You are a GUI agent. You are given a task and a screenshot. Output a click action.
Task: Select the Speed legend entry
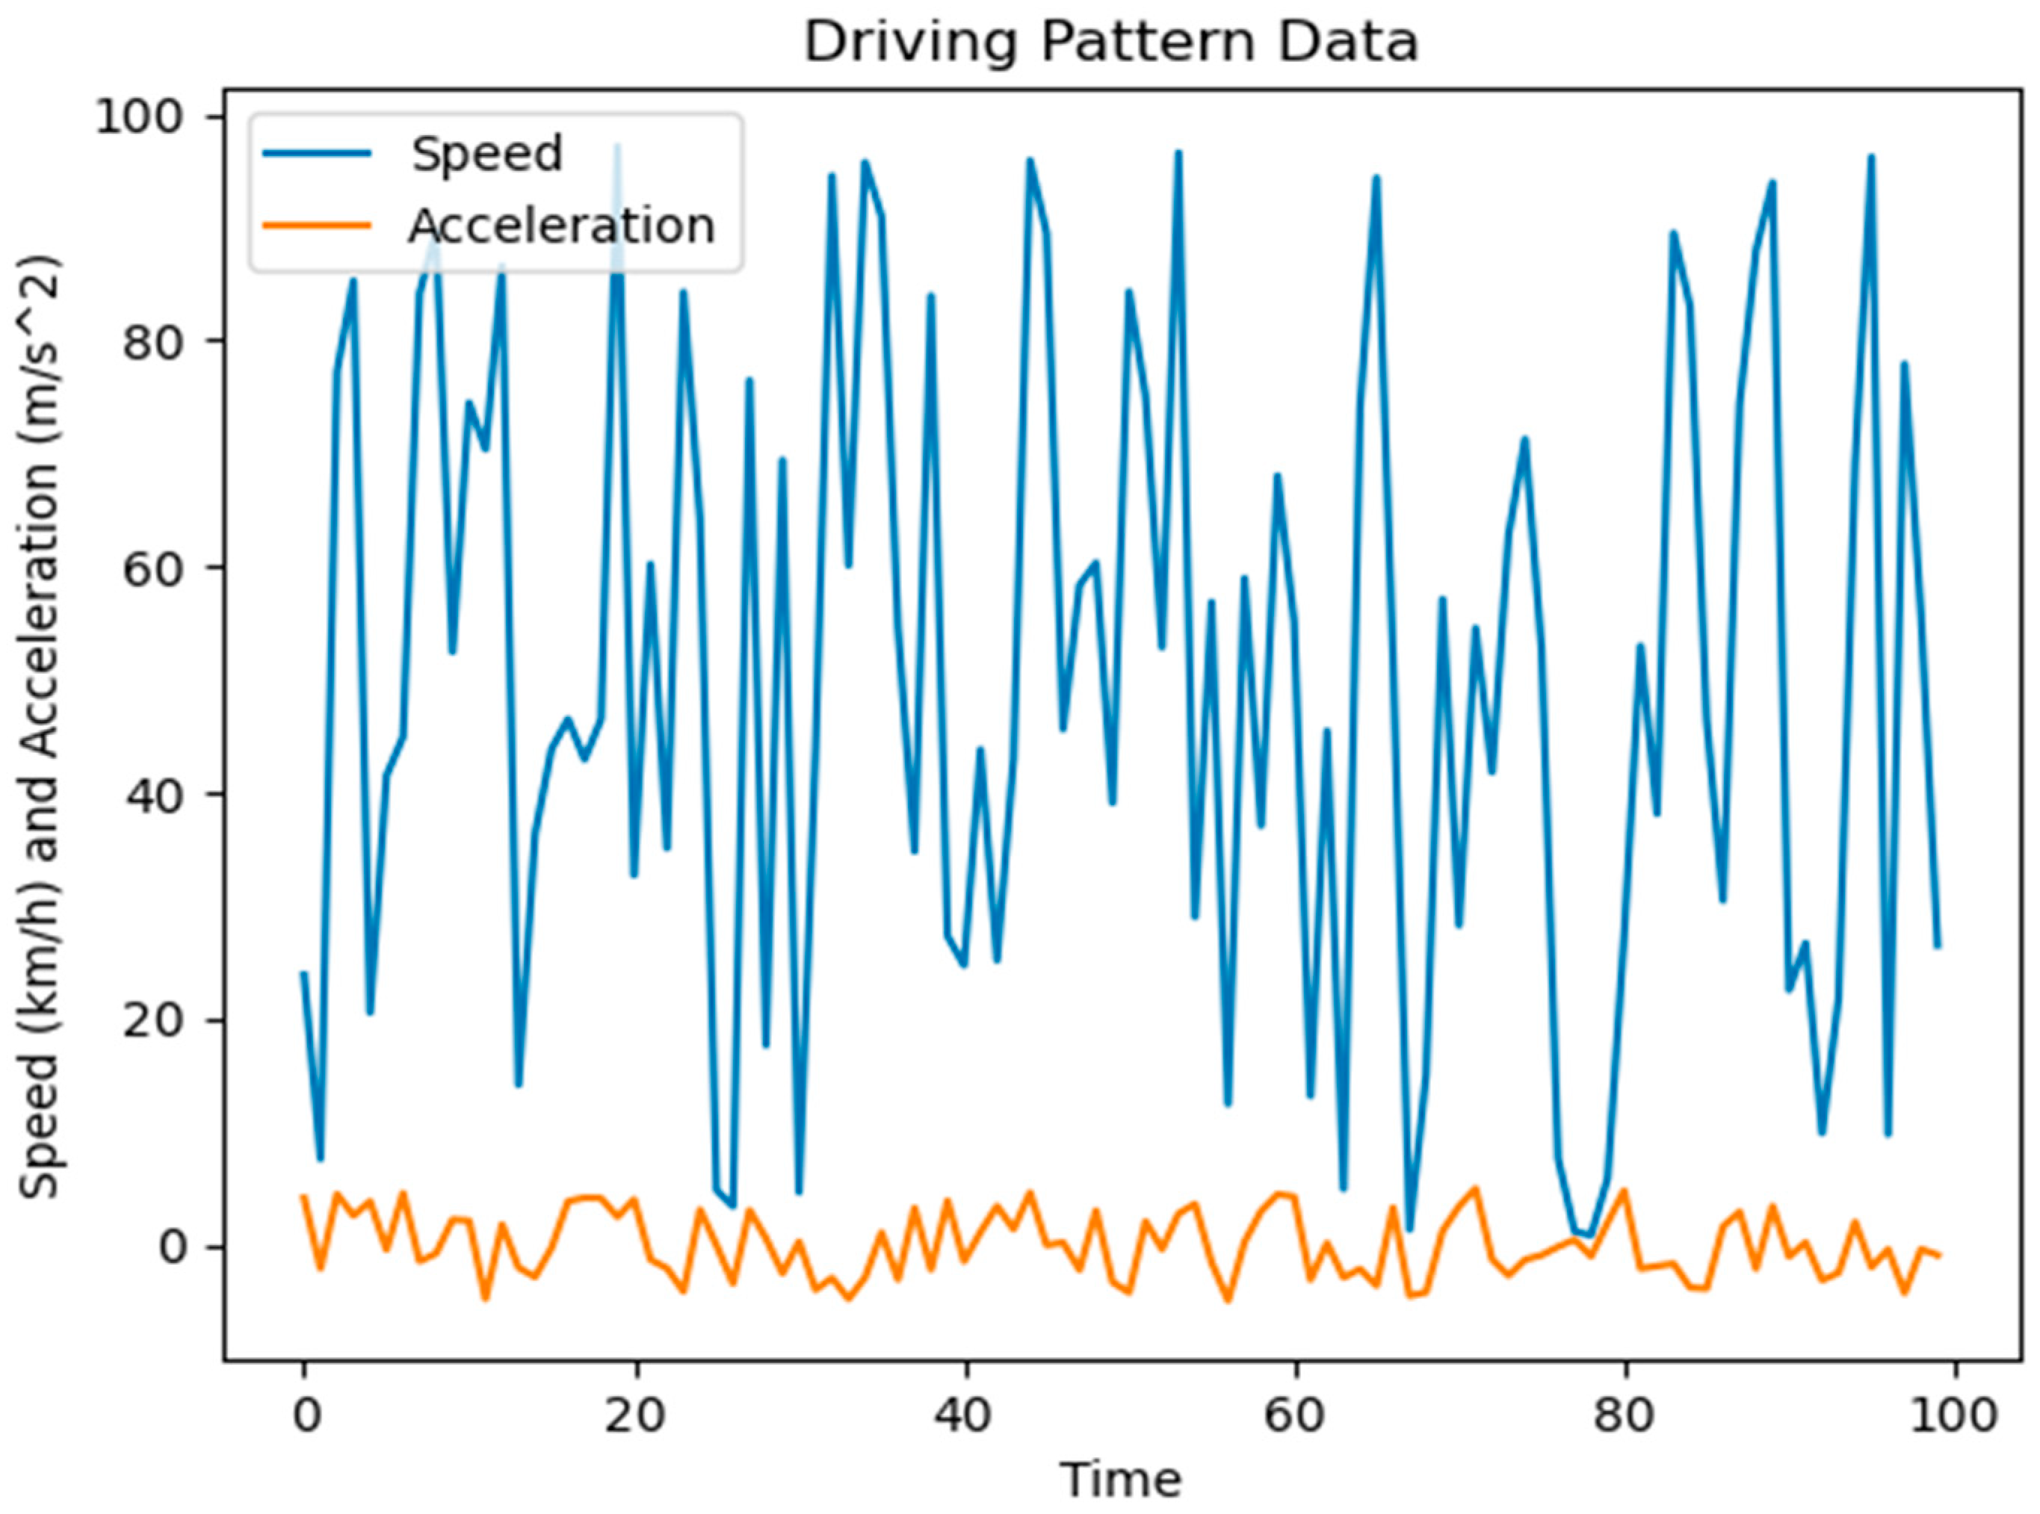(x=486, y=154)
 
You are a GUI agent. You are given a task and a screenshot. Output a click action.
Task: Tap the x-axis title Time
(x=1120, y=1479)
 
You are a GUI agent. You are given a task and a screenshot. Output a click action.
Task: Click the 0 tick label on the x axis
(x=306, y=1416)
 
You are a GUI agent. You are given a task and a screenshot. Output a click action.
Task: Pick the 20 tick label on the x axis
(x=635, y=1416)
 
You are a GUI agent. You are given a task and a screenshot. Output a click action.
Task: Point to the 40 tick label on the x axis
(x=965, y=1416)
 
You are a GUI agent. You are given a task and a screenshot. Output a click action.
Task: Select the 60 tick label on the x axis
(x=1296, y=1416)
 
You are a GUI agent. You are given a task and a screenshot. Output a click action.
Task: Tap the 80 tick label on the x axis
(x=1625, y=1416)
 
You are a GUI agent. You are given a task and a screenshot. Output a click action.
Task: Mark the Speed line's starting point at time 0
(x=303, y=973)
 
